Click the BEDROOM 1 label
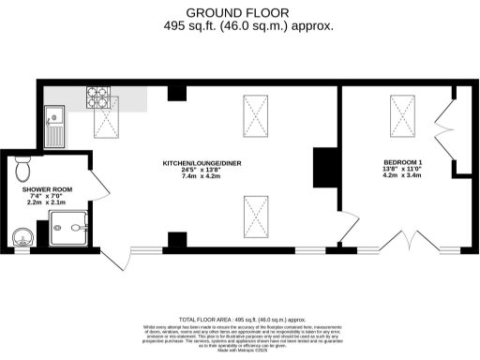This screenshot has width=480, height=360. [x=402, y=162]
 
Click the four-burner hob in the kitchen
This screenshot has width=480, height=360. [x=100, y=96]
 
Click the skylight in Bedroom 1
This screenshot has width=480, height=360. [x=404, y=117]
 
